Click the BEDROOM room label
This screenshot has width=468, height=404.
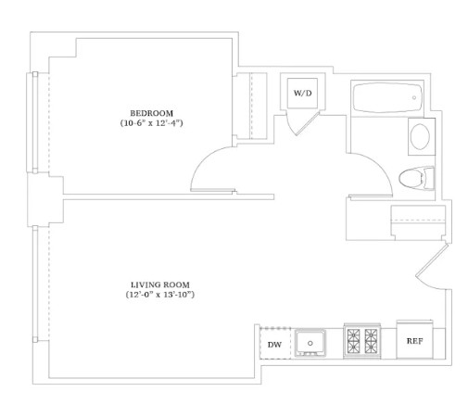151,113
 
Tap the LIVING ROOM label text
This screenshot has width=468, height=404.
160,284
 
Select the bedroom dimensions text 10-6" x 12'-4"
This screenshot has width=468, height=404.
151,123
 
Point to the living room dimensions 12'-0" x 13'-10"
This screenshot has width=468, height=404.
160,295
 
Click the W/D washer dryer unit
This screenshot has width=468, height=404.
302,93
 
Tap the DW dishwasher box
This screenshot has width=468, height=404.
275,343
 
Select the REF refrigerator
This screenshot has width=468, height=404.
414,340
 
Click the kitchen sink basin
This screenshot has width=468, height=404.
310,343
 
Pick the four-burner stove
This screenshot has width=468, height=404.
362,341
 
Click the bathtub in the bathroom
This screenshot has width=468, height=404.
387,97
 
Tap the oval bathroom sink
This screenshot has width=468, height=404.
420,136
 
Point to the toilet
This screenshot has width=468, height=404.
416,178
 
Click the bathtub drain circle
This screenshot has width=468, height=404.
414,97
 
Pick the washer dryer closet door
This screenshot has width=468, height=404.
308,124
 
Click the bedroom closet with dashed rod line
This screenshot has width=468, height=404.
251,106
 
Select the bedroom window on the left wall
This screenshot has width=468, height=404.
35,122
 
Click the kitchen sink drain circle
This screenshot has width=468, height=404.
310,343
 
